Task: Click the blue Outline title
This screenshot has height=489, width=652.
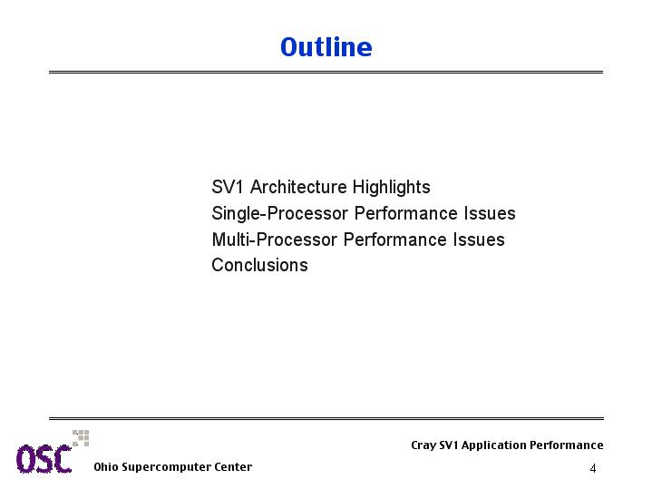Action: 326,46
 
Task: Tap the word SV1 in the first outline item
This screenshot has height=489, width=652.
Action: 227,187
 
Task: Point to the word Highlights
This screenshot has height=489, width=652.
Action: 391,188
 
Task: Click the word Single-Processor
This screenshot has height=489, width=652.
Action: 280,214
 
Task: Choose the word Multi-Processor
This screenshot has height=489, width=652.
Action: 275,240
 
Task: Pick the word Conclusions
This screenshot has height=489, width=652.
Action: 260,265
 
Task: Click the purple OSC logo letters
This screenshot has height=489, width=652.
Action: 44,459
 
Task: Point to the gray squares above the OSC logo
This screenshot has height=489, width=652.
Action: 81,438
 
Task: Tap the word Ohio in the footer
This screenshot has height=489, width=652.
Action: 106,466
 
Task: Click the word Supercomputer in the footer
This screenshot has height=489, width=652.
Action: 166,467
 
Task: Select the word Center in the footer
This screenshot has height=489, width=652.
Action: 233,466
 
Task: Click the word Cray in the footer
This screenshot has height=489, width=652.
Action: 423,445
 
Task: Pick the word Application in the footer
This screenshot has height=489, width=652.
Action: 493,445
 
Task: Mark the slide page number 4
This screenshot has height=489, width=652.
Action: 593,468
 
